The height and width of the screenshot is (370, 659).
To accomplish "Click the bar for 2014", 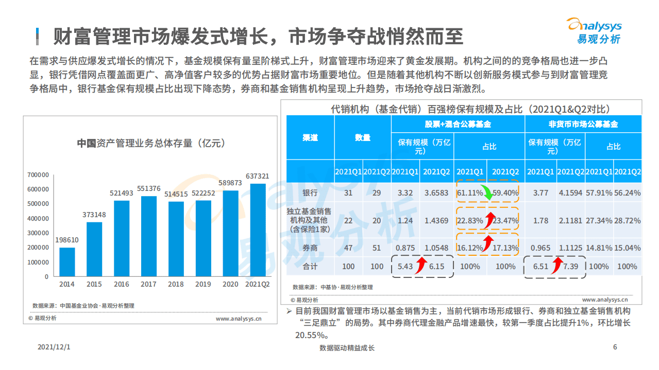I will [67, 262].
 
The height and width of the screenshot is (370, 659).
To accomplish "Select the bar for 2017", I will [148, 236].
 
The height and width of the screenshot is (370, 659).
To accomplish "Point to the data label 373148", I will [94, 215].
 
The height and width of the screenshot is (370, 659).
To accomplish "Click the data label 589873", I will [230, 183].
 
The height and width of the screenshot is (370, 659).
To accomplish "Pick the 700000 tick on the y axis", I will [38, 175].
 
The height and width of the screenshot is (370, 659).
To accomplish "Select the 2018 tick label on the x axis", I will [176, 284].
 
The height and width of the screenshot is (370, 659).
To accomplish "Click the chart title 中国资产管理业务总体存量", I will [151, 143].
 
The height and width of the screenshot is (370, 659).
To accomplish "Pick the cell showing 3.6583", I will [437, 193].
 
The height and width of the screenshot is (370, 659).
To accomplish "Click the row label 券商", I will [310, 248].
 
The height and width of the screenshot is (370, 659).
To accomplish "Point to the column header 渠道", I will [310, 137].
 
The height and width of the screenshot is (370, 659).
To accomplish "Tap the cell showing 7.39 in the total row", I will [571, 267].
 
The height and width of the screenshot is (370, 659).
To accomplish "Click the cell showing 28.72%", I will [627, 220].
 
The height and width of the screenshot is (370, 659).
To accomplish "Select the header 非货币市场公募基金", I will [583, 124].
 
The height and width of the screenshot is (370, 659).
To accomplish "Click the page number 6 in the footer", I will [615, 347].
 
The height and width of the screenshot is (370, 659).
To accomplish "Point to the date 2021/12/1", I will [54, 347].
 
